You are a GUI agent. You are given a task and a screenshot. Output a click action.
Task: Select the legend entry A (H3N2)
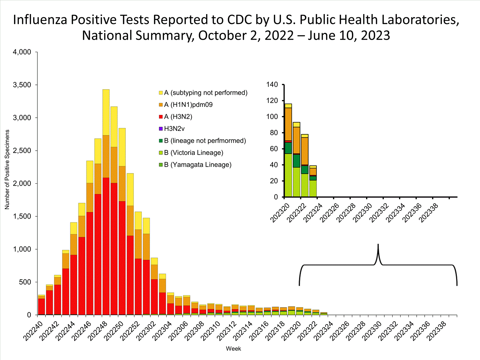point(178,117)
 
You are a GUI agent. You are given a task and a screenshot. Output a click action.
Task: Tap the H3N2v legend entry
point(174,129)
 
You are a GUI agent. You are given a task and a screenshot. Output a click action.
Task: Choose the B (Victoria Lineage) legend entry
point(193,153)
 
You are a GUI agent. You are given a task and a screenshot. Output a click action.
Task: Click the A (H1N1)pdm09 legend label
point(188,105)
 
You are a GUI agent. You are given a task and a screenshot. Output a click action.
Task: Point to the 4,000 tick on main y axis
point(22,52)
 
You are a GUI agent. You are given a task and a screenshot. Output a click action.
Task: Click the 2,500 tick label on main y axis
point(22,151)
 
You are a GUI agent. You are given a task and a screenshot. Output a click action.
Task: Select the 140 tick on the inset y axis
point(272,84)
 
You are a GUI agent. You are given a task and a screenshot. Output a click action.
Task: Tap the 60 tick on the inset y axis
point(274,149)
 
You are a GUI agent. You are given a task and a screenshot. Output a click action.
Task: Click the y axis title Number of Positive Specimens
point(7,170)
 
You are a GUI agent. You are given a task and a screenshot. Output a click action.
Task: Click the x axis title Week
point(233,349)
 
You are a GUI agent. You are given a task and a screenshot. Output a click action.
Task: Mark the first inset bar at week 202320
point(288,150)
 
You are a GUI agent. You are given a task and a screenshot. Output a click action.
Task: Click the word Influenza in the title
point(40,20)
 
